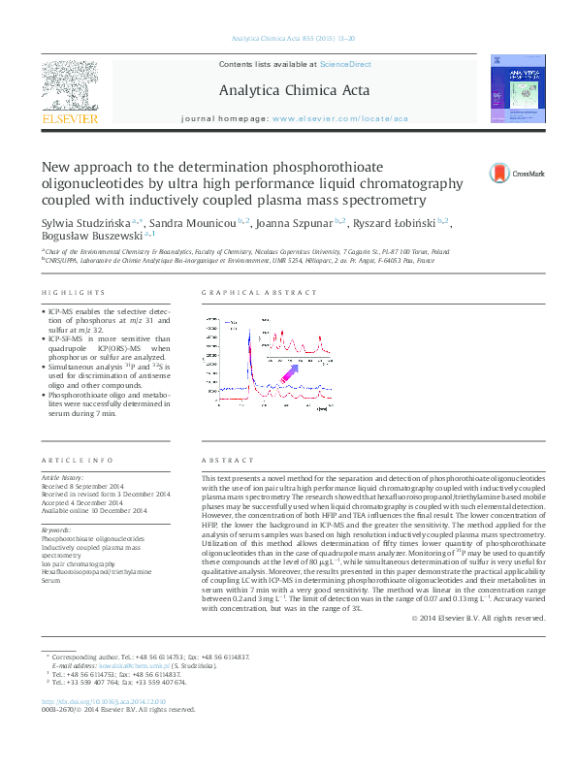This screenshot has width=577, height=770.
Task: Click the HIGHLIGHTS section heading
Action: tap(73, 293)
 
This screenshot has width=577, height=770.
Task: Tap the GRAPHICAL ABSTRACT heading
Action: tap(248, 293)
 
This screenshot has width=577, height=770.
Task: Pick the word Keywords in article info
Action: tap(56, 530)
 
